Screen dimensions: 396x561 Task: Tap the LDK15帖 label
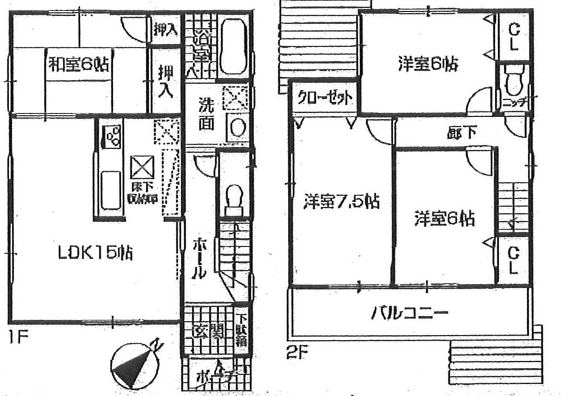pos(95,254)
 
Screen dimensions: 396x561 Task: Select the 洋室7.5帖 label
pos(341,201)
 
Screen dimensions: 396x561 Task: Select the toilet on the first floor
pos(232,199)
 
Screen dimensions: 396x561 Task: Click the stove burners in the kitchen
pos(112,136)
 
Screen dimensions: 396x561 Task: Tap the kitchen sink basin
pos(111,191)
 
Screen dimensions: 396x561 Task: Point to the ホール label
pos(199,258)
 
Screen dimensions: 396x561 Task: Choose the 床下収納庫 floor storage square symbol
pos(139,166)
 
